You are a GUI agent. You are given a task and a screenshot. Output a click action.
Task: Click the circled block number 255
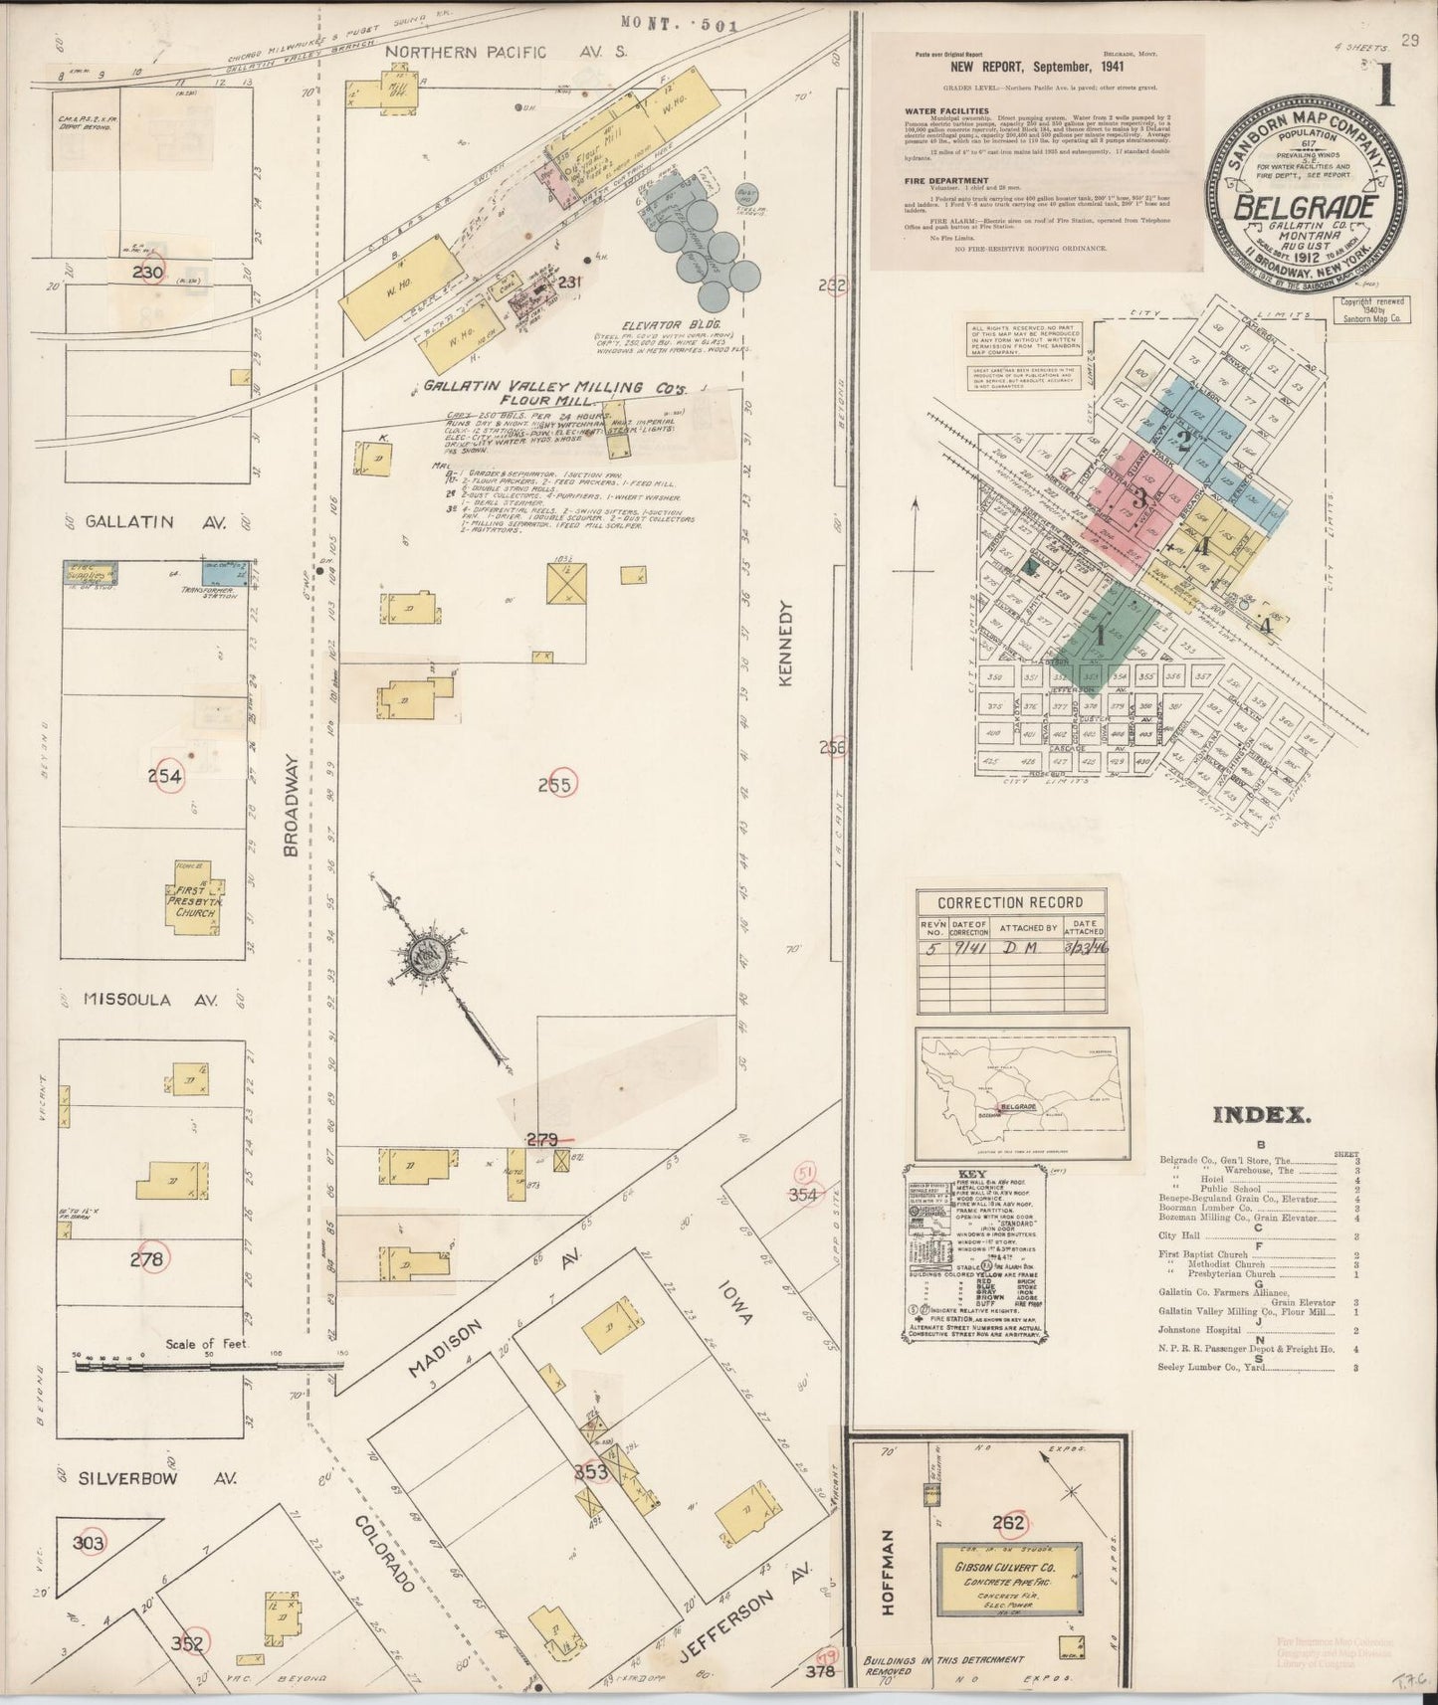point(554,785)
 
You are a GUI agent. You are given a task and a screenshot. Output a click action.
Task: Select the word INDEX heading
point(1258,1114)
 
